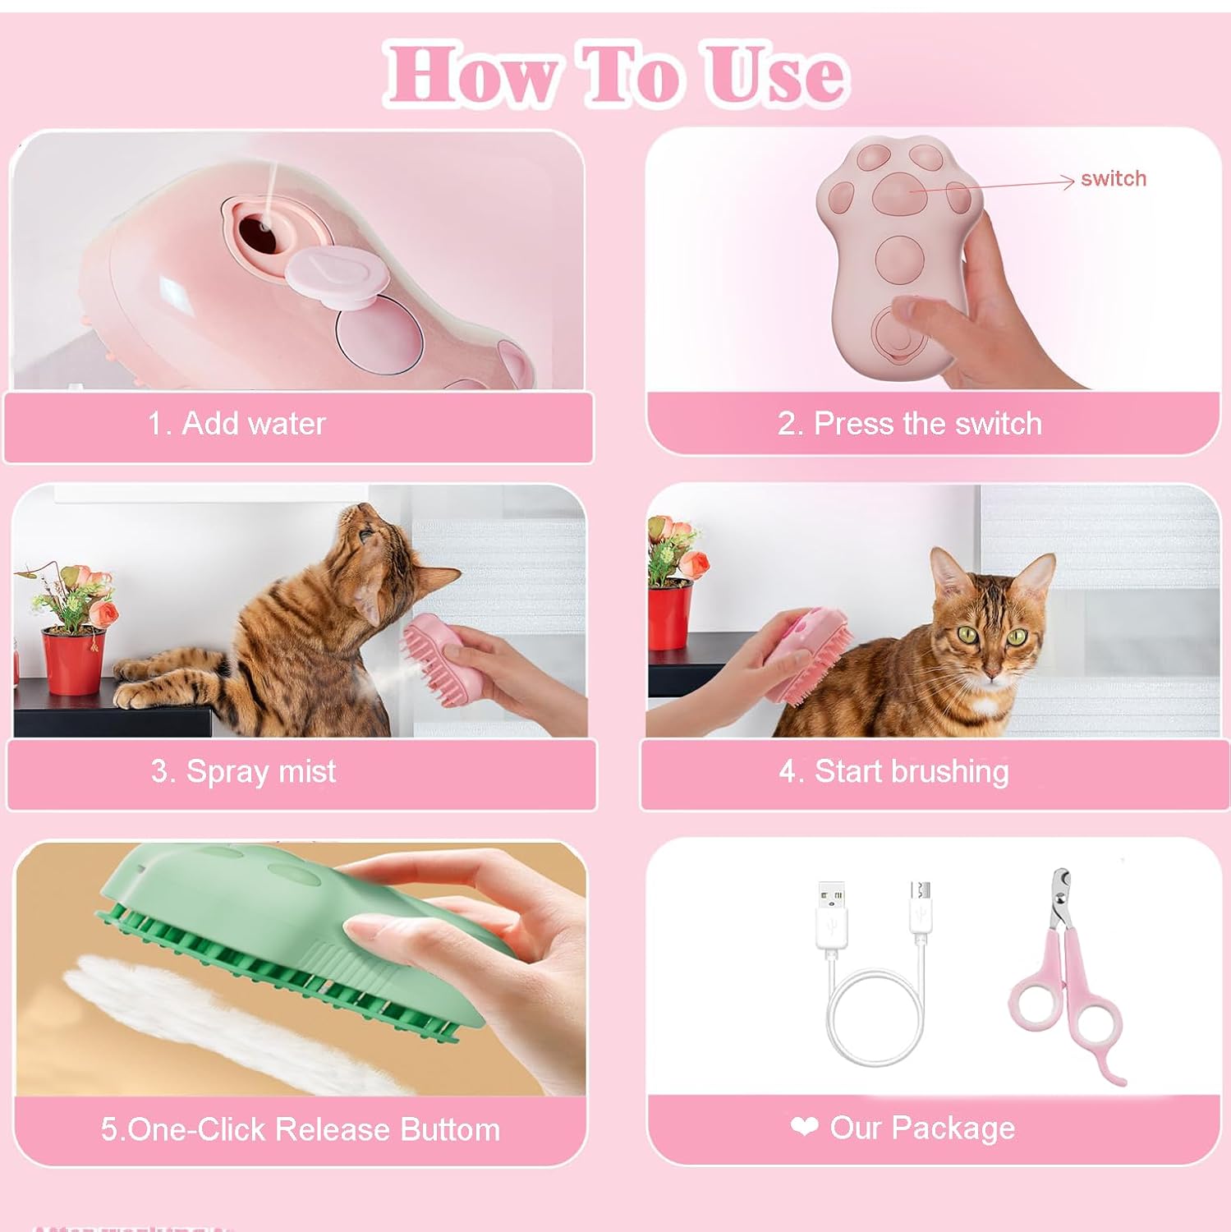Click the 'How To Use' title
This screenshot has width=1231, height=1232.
point(616,76)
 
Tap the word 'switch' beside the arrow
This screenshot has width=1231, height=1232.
point(1113,179)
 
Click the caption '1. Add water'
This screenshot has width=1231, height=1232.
point(237,424)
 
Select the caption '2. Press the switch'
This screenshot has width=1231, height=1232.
point(910,424)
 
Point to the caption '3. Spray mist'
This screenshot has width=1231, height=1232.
point(243,772)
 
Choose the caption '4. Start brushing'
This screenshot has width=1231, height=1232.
point(893,772)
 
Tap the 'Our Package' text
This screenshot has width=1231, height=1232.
point(922,1129)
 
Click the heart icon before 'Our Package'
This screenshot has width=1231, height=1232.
point(804,1127)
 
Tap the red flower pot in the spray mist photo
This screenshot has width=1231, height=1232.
point(72,662)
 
